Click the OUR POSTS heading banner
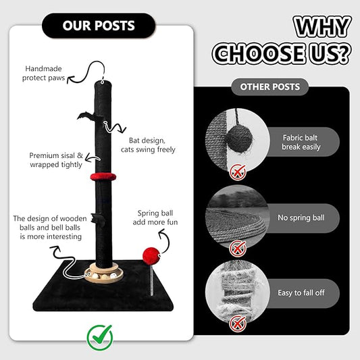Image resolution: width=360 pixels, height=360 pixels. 99,26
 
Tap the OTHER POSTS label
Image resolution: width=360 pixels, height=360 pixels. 269,86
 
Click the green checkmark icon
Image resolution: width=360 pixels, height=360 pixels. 100,337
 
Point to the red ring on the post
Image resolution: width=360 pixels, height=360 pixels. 103,177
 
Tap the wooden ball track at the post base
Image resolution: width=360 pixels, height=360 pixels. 104,274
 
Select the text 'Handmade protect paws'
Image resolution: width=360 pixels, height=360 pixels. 43,73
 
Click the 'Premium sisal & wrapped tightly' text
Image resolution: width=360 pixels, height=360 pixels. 56,160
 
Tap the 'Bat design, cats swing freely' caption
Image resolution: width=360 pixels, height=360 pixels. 148,145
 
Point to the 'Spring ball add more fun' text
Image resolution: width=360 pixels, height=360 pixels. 155,217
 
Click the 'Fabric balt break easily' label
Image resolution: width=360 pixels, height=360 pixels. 301,142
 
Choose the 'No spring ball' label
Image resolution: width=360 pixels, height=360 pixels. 301,217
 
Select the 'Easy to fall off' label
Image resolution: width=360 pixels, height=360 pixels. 301,292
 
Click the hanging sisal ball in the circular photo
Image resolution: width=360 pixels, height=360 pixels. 239,138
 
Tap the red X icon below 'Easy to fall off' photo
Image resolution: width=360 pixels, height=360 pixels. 238,324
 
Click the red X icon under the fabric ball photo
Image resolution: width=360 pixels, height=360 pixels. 238,173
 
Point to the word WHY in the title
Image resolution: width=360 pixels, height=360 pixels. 322,26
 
